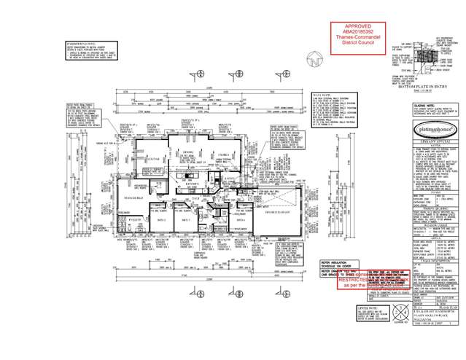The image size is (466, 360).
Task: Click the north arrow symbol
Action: [x=316, y=60]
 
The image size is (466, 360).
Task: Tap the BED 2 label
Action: [x=162, y=219]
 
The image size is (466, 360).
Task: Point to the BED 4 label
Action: [x=241, y=219]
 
